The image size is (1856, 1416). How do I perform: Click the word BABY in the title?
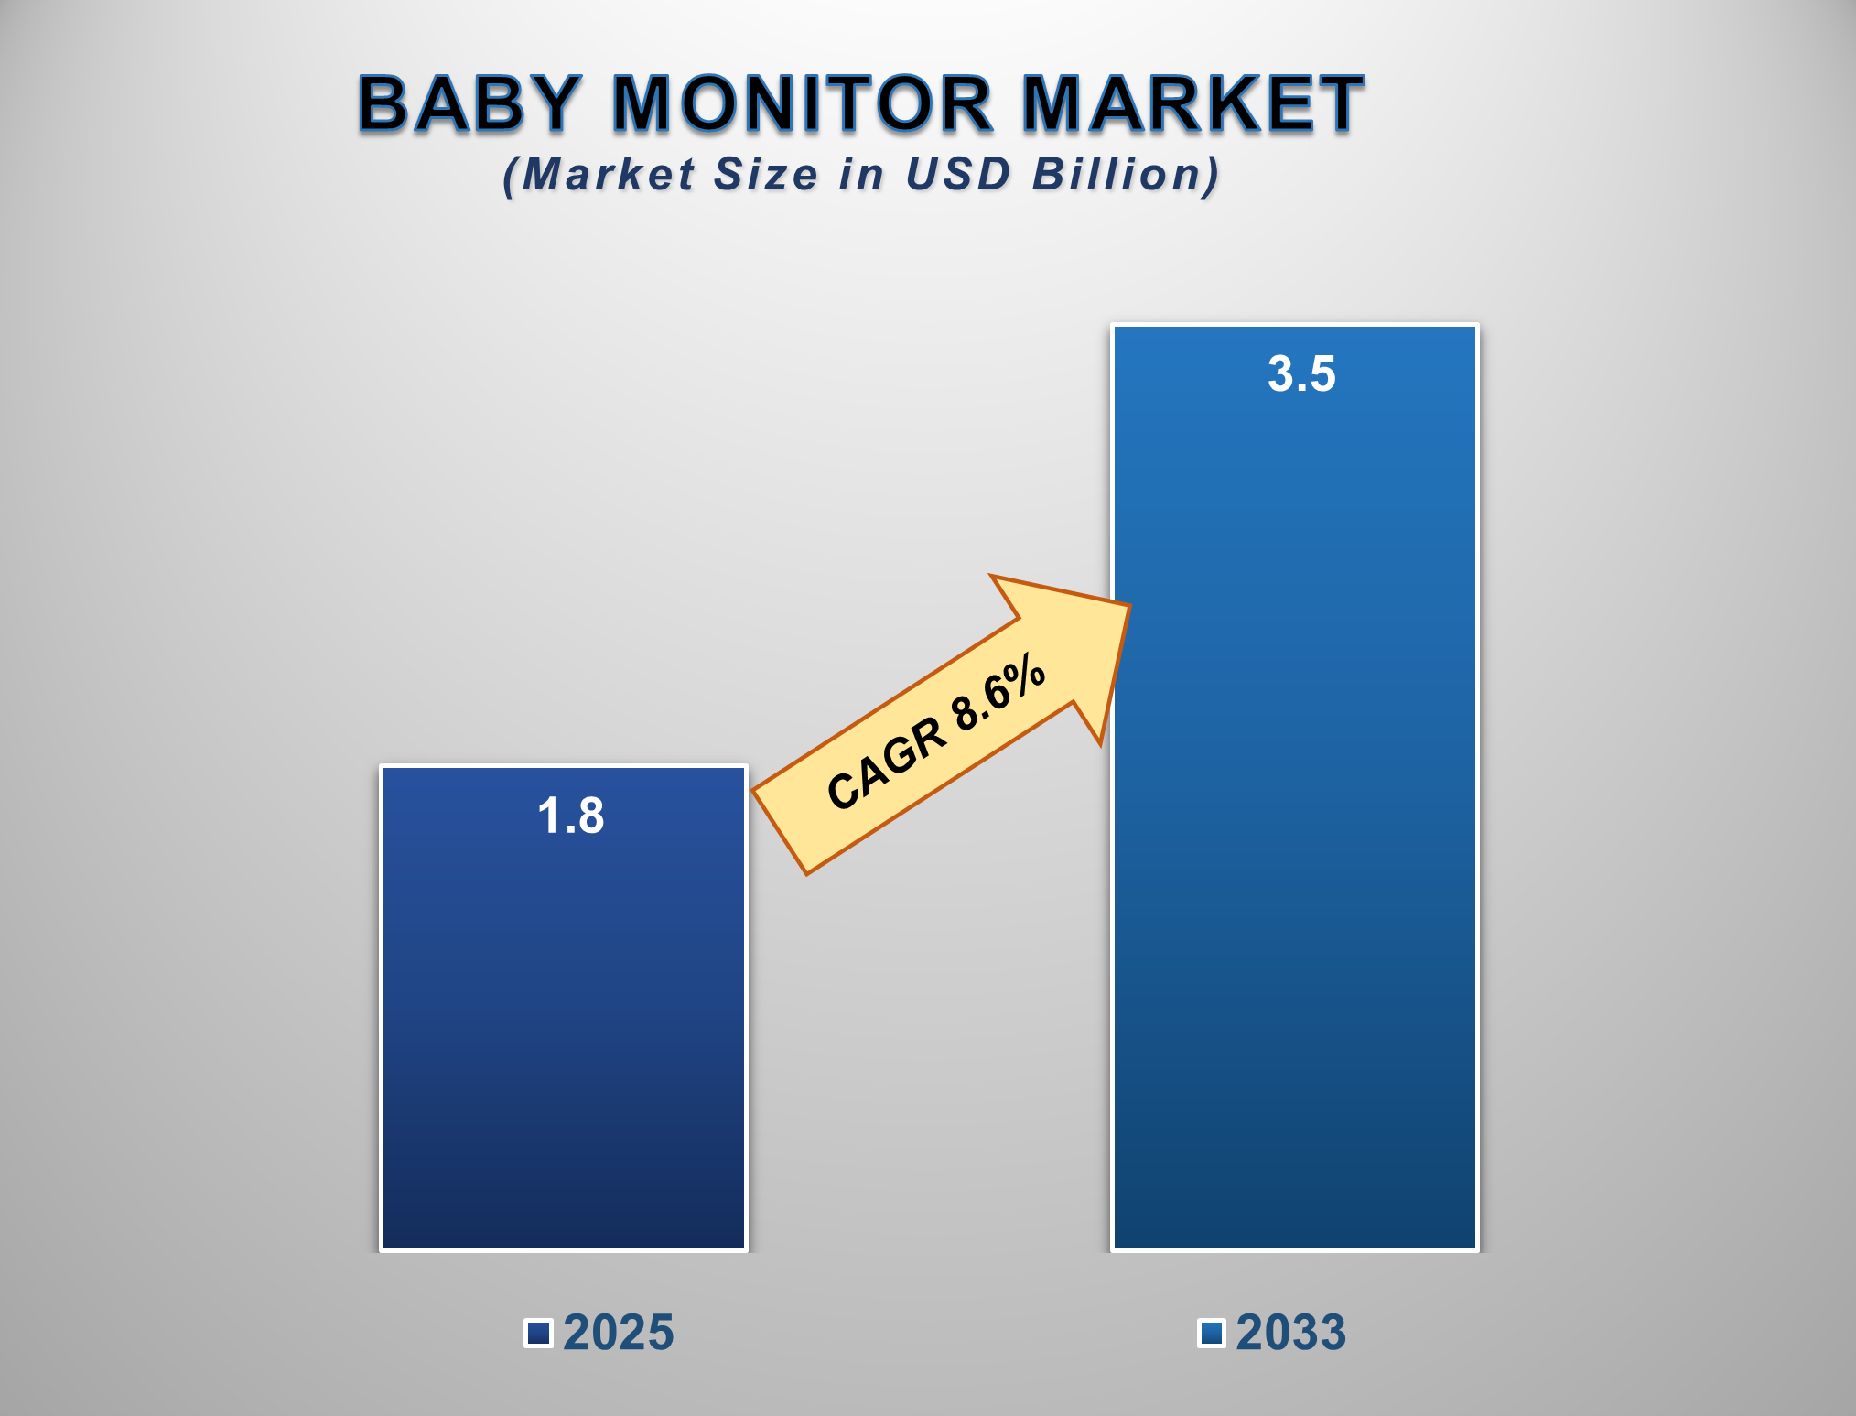pos(469,103)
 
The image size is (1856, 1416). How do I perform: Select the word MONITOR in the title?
pos(802,103)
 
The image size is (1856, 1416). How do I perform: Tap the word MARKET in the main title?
pos(1192,103)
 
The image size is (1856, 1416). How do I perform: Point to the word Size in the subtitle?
pos(765,174)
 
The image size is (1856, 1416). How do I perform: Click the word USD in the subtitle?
pos(957,174)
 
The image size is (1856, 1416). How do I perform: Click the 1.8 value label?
pos(571,816)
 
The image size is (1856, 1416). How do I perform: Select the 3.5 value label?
pos(1301,374)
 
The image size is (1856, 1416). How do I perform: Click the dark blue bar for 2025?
pos(564,1008)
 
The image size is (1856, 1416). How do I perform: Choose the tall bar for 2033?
pos(1295,787)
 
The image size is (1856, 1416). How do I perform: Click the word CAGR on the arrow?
pos(886,762)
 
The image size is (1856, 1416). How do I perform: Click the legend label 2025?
pos(619,1333)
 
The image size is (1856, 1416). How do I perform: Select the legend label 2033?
pos(1291,1333)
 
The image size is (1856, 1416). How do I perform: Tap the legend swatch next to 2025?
pos(538,1334)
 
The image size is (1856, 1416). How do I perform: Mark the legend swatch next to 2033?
pos(1212,1334)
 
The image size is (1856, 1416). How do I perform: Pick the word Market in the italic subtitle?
pos(609,174)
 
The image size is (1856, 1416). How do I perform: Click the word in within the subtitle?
pos(861,174)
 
